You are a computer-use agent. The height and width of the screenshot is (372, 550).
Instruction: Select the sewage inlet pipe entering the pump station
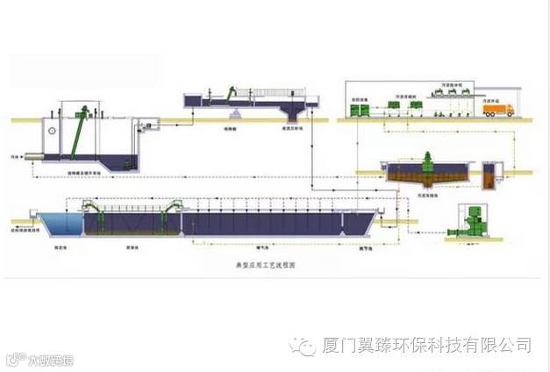coord(32,157)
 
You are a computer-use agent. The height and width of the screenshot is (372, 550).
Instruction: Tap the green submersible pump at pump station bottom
coord(130,163)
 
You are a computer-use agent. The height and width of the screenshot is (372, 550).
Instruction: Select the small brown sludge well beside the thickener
coord(488,175)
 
